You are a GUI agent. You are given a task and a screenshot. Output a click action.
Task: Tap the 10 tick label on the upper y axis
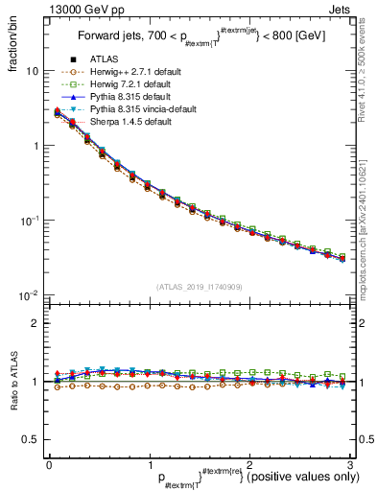[x=33, y=71]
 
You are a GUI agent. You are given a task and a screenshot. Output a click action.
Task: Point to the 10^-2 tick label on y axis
[x=29, y=294]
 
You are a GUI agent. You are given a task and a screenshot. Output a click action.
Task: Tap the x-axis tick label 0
[x=49, y=464]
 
